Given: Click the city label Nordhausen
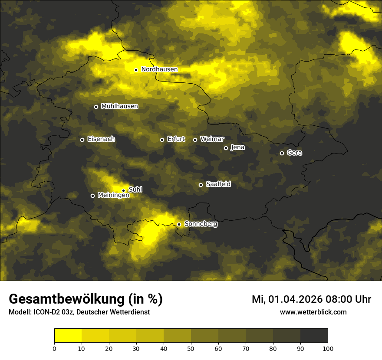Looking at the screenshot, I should coord(159,69).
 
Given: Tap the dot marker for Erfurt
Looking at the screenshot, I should coord(162,140).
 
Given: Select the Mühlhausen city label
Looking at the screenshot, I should coord(119,106).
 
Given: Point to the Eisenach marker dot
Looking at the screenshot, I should coord(82,140).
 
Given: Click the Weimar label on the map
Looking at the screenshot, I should coord(212,139).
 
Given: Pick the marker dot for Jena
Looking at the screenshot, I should coord(226,148).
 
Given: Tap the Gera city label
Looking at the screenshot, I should coord(294,153).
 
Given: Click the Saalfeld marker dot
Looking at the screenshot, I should coord(201,185).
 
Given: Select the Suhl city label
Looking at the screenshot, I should coord(135,190).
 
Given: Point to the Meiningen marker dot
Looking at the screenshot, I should coord(92,196).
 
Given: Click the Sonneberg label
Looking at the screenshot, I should coord(201,224).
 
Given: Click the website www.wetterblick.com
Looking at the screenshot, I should coord(313,312).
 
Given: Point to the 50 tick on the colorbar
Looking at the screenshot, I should coord(191,348).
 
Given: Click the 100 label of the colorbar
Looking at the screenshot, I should coord(328,348).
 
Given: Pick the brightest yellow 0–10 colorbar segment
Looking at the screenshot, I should coord(68,336).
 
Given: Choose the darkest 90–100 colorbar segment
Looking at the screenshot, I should coord(314,336).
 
